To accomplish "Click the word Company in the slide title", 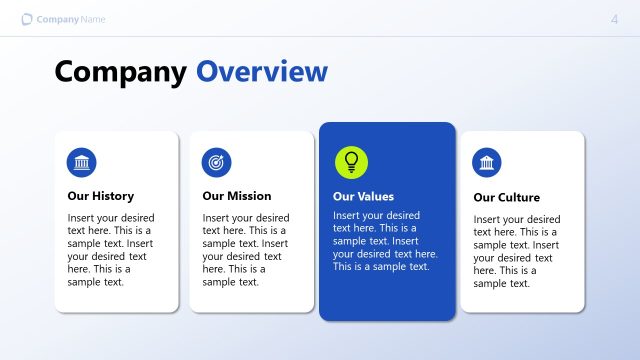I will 120,72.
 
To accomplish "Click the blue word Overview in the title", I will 262,72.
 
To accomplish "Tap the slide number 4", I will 614,19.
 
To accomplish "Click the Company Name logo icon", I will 27,19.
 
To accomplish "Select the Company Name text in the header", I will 70,20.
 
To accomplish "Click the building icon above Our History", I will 82,162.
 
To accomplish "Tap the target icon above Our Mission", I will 216,162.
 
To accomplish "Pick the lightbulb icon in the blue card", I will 351,161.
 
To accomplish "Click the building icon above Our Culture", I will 487,163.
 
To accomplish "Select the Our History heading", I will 100,196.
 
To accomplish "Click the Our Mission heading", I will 236,196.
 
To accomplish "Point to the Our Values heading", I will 363,197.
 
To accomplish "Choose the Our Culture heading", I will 506,197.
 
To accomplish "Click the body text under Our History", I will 111,250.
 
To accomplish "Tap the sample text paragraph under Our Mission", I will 246,250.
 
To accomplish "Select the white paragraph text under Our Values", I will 385,241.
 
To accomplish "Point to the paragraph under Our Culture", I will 517,251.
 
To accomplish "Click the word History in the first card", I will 112,196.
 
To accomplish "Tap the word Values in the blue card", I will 376,197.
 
